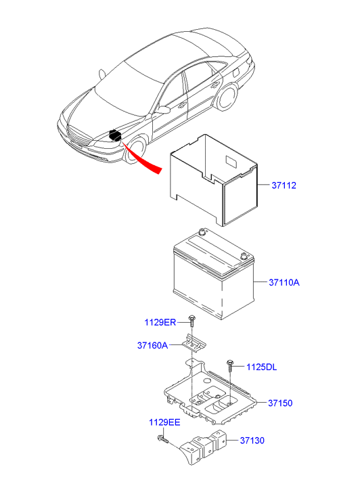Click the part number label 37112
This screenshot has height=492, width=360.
coord(284,185)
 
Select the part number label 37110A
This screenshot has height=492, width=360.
coord(284,282)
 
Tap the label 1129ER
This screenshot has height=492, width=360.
coord(160,322)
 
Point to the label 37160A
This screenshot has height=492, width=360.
coord(152,345)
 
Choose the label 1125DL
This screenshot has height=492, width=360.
coord(261,367)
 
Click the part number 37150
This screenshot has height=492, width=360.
coord(280,403)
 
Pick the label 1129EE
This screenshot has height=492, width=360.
coord(164,422)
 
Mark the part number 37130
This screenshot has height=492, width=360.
coord(252,440)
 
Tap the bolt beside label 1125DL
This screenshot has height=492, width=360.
coord(230,365)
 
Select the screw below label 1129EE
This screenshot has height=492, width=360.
coord(162,439)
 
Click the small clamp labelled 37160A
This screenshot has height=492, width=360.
coord(194,342)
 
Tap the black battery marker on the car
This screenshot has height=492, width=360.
coord(115,135)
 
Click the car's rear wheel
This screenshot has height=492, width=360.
coord(227,98)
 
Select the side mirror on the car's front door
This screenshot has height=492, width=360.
coord(163,110)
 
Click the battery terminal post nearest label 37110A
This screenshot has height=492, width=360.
coord(243,256)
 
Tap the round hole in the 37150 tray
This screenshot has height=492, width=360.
coord(206,381)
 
